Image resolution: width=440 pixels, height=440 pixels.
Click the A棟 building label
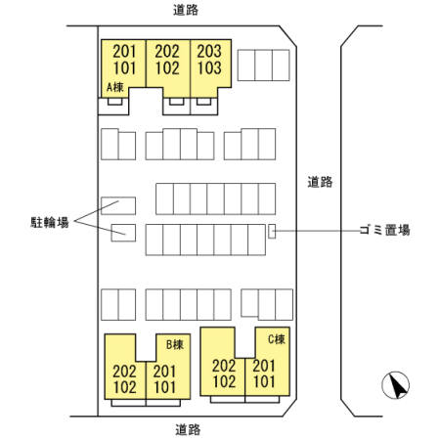(115, 87)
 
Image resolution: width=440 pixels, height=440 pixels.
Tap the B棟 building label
(175, 344)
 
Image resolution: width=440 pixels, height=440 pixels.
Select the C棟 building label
(277, 339)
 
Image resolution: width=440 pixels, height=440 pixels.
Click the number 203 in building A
(209, 51)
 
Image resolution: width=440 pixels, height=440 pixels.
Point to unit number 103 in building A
(209, 68)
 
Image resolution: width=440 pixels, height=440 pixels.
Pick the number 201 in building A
(124, 51)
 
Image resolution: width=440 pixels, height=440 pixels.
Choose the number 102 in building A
(167, 68)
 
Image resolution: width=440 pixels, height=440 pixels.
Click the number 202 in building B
(124, 372)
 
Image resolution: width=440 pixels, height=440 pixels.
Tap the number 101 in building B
(164, 387)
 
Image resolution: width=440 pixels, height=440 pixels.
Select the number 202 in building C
(224, 366)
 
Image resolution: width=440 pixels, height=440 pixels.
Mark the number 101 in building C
(264, 381)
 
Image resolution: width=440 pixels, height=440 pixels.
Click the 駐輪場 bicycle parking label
(50, 223)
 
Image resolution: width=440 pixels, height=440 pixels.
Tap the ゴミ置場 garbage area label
(384, 230)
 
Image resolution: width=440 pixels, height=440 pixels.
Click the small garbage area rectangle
(272, 231)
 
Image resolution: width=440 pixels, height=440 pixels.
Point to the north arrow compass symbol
(396, 385)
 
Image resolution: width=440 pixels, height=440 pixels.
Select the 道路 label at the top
(186, 10)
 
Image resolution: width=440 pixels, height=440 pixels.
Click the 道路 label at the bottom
(188, 429)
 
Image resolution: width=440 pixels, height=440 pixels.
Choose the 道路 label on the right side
(320, 182)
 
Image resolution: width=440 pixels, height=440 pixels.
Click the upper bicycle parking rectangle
(118, 205)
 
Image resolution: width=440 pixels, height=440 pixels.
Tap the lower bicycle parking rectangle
(123, 233)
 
